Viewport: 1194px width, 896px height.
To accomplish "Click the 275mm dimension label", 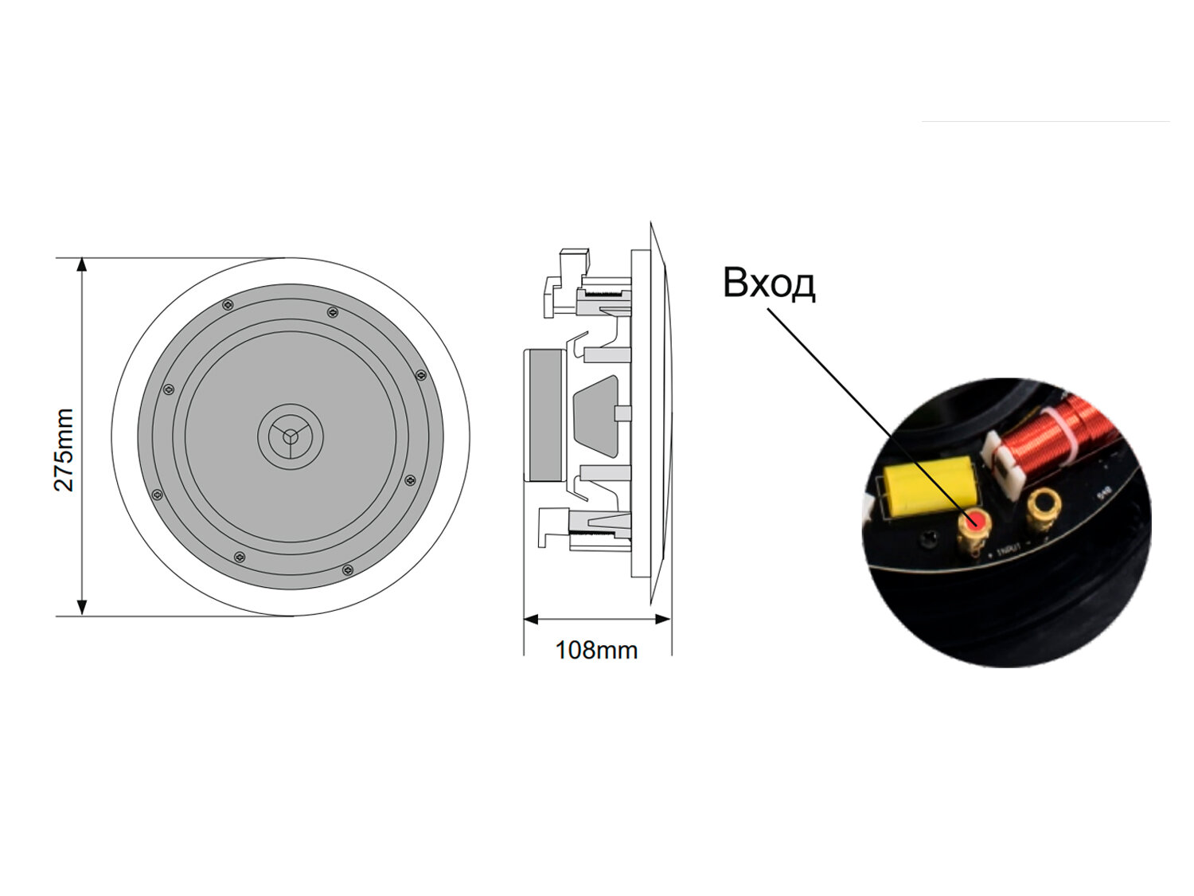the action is pyautogui.click(x=64, y=450).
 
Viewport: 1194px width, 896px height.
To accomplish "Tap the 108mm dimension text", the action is pyautogui.click(x=596, y=651).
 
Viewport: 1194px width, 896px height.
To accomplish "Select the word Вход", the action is pyautogui.click(x=769, y=284).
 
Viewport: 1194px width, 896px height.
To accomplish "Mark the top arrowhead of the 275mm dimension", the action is pyautogui.click(x=81, y=265).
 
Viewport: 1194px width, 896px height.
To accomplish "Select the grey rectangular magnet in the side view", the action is pyautogui.click(x=545, y=416).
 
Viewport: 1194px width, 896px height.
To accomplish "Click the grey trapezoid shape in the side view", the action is pyautogui.click(x=595, y=414).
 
